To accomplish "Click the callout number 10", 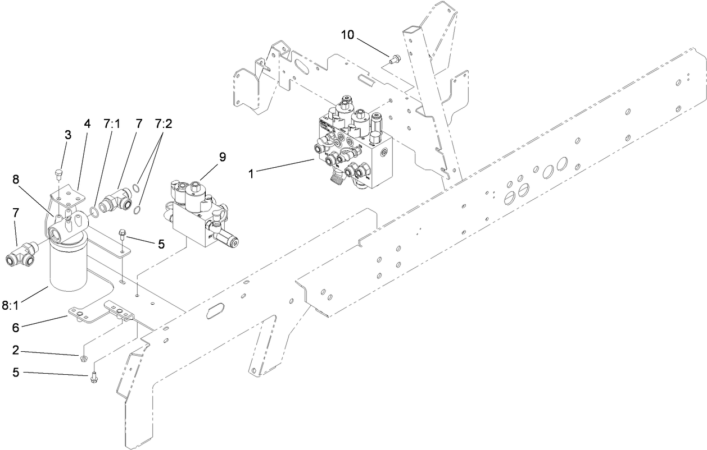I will pos(348,35).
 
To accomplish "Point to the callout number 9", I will pos(223,157).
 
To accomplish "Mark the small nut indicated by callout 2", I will pos(83,357).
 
